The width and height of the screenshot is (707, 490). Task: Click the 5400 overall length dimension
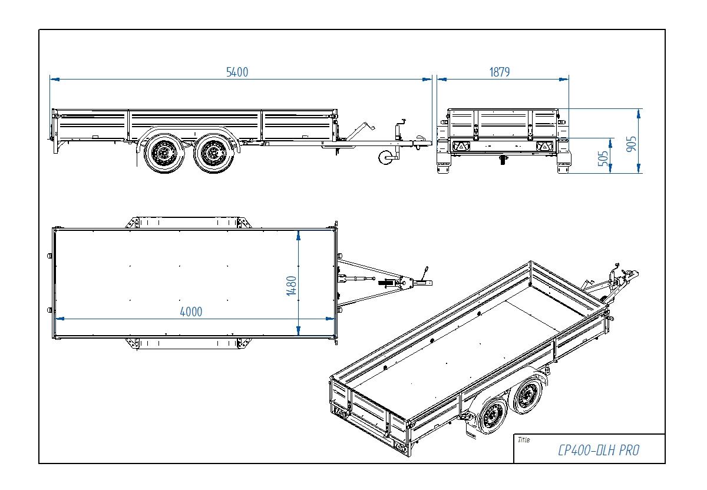(237, 72)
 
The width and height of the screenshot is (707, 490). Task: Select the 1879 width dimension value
(500, 72)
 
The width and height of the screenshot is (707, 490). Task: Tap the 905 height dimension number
(631, 144)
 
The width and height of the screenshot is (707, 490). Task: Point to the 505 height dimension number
(603, 158)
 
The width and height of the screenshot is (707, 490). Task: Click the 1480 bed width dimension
(291, 286)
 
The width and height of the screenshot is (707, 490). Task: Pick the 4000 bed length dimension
(191, 312)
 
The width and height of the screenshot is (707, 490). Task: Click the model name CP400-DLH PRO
(599, 450)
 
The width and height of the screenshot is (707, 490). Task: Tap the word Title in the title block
(524, 439)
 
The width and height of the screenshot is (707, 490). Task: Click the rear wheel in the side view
(164, 153)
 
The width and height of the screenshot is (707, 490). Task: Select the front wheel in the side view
(214, 154)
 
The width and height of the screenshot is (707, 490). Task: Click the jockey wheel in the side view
(385, 157)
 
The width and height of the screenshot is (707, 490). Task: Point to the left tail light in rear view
(461, 146)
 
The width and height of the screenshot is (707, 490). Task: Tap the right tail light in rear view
(544, 146)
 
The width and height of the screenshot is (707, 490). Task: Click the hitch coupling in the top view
(422, 283)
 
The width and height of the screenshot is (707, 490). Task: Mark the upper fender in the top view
(189, 223)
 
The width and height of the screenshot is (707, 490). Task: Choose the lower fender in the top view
(189, 344)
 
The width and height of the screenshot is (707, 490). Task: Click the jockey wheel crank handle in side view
(401, 121)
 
